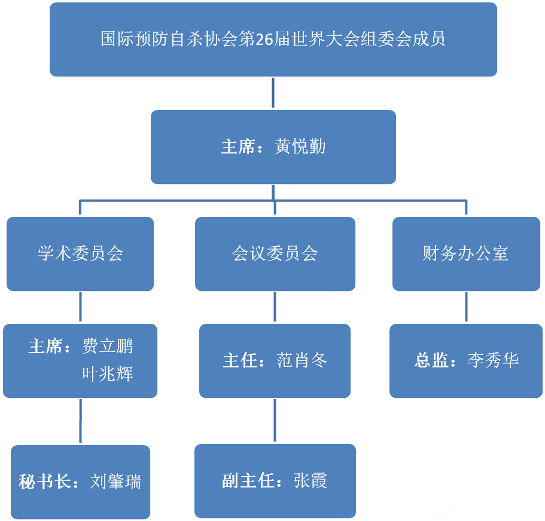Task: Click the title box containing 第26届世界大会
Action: pos(273,39)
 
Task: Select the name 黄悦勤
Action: pos(300,147)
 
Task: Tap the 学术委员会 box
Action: pos(80,253)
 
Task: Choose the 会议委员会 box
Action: pos(275,253)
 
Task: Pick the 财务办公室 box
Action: pos(465,253)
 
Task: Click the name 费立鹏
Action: pos(108,347)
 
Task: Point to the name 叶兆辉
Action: pos(108,374)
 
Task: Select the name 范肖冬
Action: pos(302,360)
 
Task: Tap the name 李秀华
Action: pos(494,360)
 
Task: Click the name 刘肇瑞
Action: pos(116,482)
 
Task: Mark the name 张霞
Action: pos(310,481)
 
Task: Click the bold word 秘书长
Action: pos(44,482)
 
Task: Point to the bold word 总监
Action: pos(432,360)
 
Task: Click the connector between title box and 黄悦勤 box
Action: pos(273,93)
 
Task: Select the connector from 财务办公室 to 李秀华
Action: pos(466,307)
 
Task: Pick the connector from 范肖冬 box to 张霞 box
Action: pos(275,421)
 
